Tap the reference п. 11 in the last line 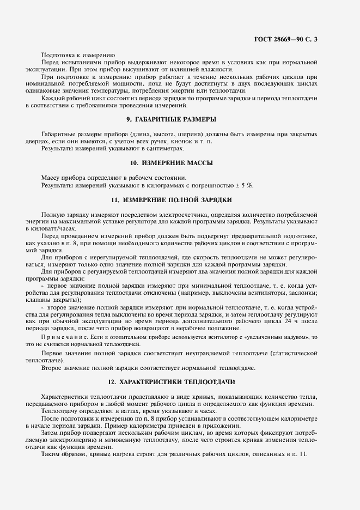pyautogui.click(x=300, y=454)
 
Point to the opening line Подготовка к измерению pyautogui.click(x=77, y=54)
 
